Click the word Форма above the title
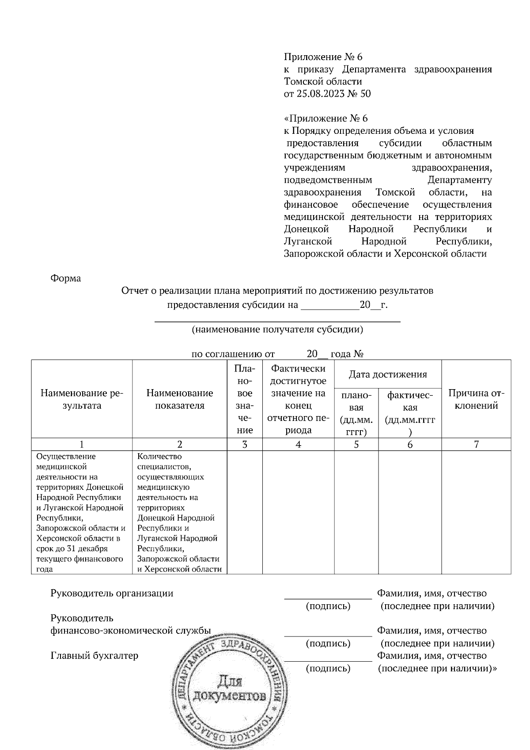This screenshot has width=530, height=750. [66, 278]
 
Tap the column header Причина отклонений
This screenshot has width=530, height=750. [476, 399]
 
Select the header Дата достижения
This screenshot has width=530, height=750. [388, 375]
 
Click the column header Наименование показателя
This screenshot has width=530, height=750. [179, 399]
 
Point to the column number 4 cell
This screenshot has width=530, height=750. [299, 444]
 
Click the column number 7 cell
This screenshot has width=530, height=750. [476, 444]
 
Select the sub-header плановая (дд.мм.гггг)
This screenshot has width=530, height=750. [356, 413]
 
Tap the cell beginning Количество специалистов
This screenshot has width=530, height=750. [179, 512]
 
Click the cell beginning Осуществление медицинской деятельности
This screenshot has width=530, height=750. [81, 512]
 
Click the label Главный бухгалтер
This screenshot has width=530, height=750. [95, 655]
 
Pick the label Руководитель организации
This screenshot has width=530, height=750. [112, 593]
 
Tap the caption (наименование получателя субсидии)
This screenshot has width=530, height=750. [277, 330]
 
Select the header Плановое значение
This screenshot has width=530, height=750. [245, 399]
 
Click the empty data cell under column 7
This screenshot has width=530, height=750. [476, 512]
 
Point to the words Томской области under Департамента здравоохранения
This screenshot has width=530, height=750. [323, 81]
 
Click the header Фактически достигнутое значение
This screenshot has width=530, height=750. [299, 399]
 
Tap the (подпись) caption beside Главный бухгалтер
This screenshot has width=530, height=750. [328, 668]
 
